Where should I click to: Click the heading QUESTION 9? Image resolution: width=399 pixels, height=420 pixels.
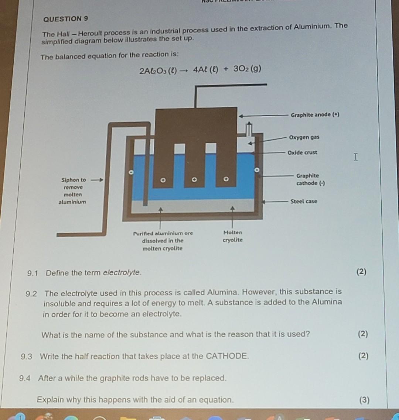pyautogui.click(x=66, y=18)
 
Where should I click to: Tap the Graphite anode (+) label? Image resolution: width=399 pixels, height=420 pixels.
pyautogui.click(x=315, y=115)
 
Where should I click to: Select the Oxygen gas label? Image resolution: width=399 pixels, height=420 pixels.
pyautogui.click(x=304, y=137)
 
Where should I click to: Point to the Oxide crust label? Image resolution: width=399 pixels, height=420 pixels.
pyautogui.click(x=303, y=152)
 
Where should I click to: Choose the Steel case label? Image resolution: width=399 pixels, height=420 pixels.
pyautogui.click(x=303, y=202)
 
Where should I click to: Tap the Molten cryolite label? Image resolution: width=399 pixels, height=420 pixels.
pyautogui.click(x=233, y=236)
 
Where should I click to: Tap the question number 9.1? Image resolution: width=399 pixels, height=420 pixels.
pyautogui.click(x=33, y=273)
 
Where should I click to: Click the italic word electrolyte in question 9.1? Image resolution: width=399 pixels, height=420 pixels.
pyautogui.click(x=122, y=273)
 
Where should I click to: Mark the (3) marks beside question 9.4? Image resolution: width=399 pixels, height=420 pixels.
pyautogui.click(x=364, y=400)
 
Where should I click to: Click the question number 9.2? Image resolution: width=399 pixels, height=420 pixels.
pyautogui.click(x=31, y=294)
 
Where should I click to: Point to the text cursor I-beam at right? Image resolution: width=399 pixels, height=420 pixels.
pyautogui.click(x=355, y=158)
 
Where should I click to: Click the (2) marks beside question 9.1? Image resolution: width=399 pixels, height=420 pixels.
pyautogui.click(x=361, y=272)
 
